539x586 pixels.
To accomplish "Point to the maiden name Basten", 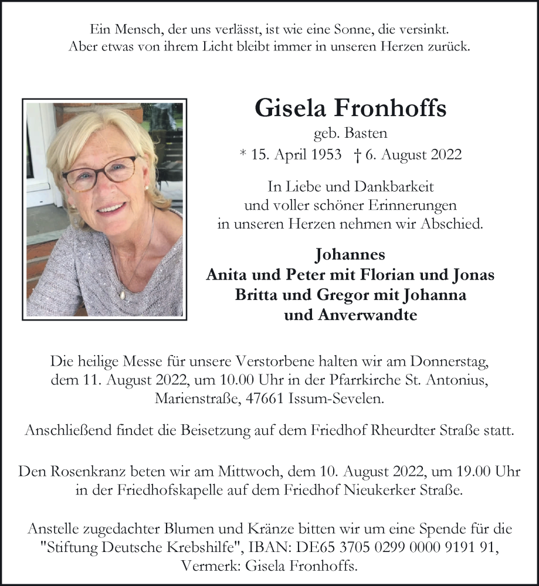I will pos(367,134).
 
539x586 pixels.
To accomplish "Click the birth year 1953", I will pos(325,155).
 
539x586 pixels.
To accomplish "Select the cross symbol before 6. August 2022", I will pos(357,155).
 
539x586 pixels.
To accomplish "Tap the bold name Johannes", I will pos(351,255).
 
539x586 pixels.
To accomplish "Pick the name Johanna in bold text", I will pos(433,295).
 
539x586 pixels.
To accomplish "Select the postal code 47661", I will pos(268,398).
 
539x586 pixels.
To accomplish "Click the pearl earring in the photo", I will pos(145,186).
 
